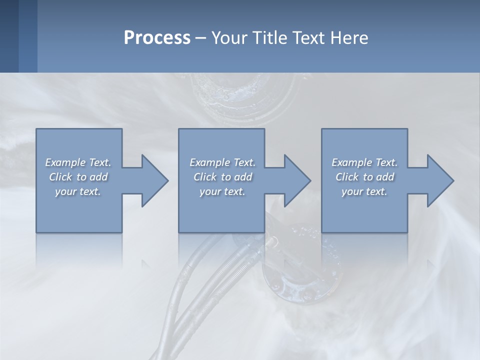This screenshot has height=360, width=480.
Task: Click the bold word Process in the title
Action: click(157, 38)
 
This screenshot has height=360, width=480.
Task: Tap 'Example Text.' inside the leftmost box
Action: click(78, 162)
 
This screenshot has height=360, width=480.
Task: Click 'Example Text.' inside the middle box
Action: click(222, 162)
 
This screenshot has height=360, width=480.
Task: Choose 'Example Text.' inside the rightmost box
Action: click(364, 162)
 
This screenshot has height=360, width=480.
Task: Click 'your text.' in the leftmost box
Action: click(78, 191)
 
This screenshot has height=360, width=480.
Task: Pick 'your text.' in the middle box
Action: click(222, 191)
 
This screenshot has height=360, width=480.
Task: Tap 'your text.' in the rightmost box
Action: click(364, 191)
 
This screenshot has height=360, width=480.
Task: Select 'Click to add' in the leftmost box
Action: click(78, 177)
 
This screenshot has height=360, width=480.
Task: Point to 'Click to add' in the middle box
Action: click(222, 177)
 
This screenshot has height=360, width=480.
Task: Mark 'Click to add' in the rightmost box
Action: click(364, 177)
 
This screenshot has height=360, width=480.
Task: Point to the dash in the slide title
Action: click(200, 38)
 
